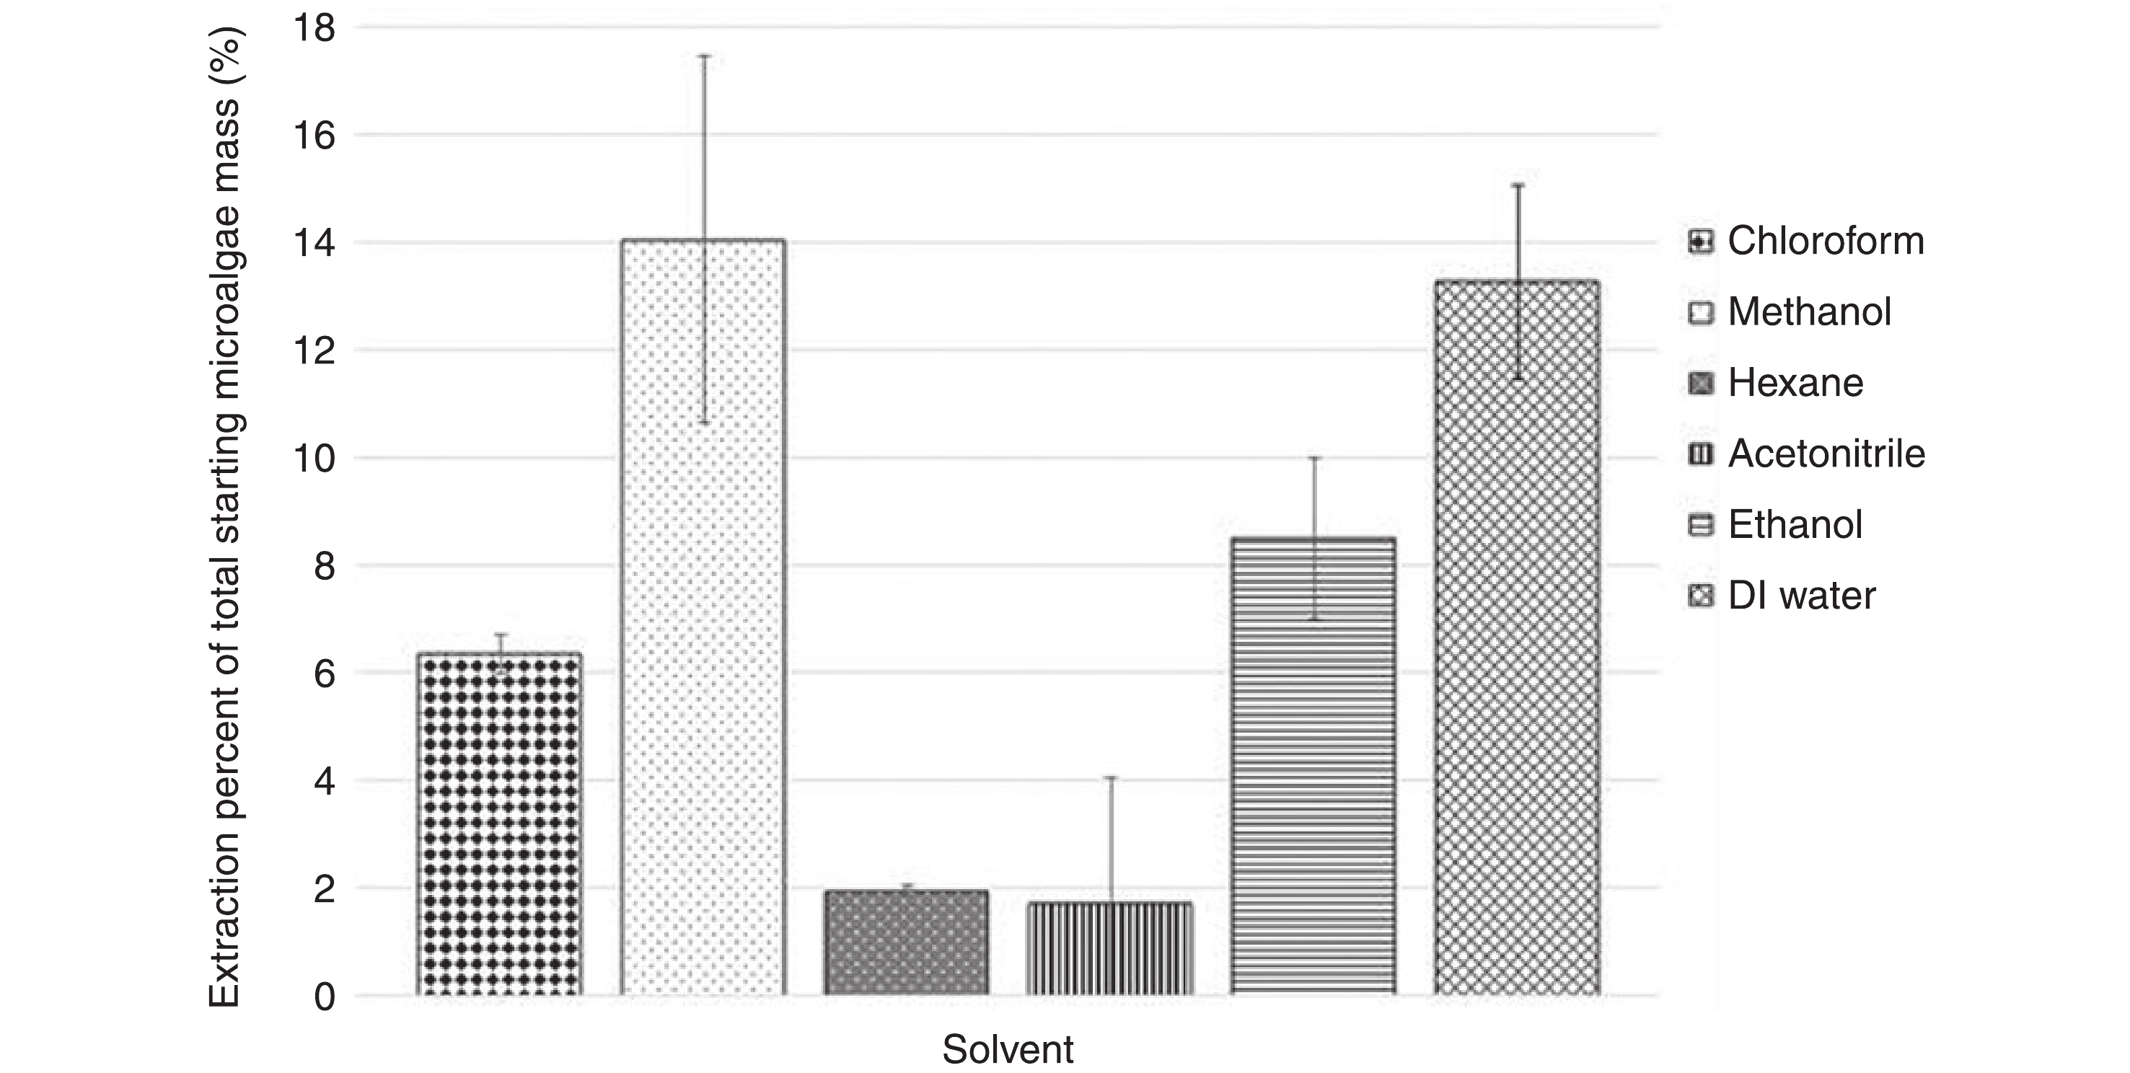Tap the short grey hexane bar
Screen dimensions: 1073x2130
point(906,942)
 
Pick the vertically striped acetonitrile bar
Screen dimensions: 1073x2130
point(1109,948)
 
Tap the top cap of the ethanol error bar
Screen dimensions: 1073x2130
point(1314,458)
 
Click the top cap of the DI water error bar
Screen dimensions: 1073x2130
point(1518,186)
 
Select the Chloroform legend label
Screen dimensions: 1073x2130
point(1826,242)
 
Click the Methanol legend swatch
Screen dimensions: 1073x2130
point(1701,312)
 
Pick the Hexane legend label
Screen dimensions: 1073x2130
point(1795,383)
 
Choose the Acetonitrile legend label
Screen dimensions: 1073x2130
point(1826,454)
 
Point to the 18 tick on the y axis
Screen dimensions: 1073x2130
point(314,29)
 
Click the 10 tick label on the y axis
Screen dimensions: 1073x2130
point(314,459)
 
